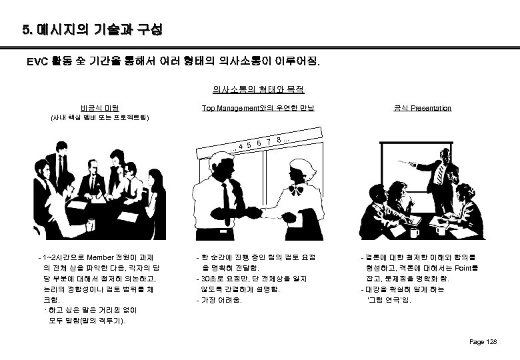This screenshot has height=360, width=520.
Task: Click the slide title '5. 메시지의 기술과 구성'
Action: pyautogui.click(x=93, y=31)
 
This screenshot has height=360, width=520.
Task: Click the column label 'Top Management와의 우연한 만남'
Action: pyautogui.click(x=259, y=108)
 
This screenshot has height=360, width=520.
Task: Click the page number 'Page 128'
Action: pyautogui.click(x=483, y=342)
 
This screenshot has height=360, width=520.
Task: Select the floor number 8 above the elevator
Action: pyautogui.click(x=278, y=139)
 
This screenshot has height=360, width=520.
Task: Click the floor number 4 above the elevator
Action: pyautogui.click(x=240, y=147)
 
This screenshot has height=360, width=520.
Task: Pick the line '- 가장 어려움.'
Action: pyautogui.click(x=219, y=300)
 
